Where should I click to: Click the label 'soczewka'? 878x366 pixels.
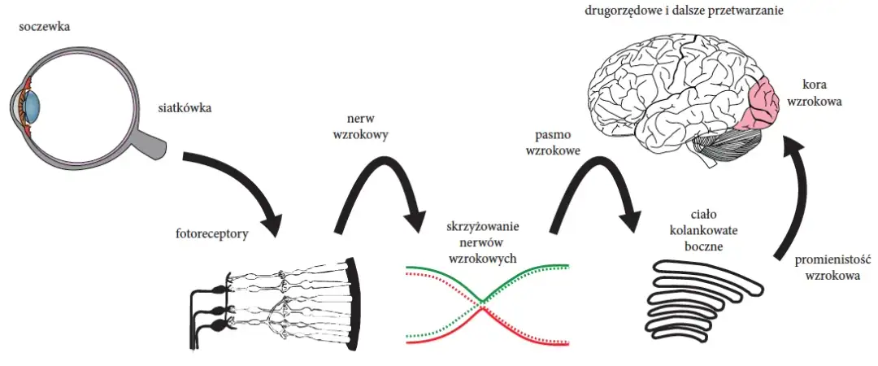pos(45,26)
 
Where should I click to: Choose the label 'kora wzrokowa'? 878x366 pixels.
pos(819,94)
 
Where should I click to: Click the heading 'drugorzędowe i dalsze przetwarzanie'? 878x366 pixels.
pos(689,12)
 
